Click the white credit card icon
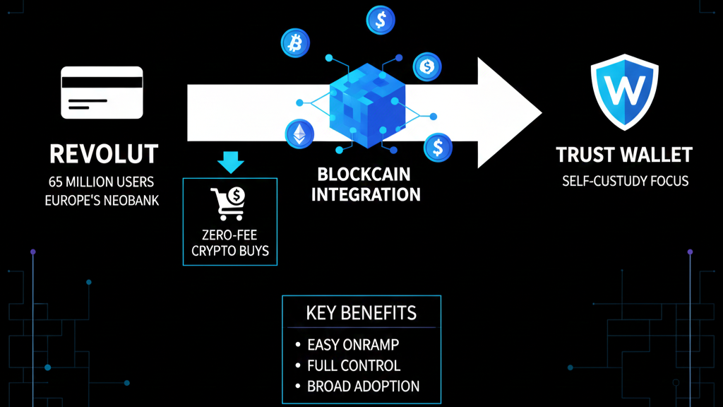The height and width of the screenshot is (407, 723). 102,93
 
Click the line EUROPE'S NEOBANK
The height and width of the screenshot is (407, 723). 102,200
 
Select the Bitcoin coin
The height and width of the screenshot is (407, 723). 295,43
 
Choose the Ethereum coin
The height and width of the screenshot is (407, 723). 299,133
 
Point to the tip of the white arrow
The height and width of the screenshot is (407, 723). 539,113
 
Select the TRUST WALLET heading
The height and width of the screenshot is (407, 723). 624,154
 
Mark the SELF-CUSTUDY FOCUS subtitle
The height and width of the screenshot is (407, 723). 625,181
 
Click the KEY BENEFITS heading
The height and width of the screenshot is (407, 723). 361,313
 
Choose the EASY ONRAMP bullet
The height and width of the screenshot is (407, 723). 354,345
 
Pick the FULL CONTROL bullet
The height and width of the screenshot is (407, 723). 354,366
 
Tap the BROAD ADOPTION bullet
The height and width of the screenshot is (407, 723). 363,387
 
